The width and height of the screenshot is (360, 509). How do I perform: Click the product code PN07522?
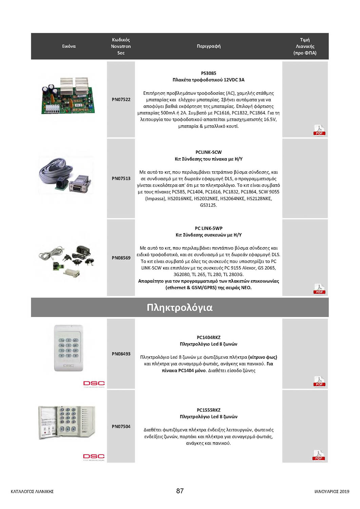(121, 99)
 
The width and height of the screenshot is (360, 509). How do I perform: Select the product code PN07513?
(121, 178)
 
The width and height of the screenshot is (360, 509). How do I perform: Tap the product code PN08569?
(121, 258)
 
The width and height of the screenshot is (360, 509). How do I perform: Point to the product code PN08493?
(121, 354)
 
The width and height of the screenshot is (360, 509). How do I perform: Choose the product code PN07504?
(121, 427)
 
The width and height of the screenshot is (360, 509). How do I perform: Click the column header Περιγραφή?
(209, 46)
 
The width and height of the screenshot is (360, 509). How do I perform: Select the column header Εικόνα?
(69, 46)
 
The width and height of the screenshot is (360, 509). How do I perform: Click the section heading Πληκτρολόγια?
(179, 307)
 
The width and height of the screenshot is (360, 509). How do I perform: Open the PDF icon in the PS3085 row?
(319, 130)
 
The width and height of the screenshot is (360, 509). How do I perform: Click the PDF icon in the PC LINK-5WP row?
(319, 289)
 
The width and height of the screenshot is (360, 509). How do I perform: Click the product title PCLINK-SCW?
(208, 152)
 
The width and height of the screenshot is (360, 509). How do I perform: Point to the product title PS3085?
(208, 73)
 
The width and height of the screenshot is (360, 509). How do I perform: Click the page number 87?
(180, 491)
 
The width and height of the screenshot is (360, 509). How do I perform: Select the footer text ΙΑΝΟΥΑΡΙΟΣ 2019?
(331, 491)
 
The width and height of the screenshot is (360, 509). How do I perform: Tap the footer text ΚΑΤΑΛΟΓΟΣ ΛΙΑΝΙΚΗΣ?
(32, 491)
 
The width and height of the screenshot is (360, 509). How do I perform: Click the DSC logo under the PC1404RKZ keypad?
(94, 383)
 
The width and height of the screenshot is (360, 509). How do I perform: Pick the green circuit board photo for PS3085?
(69, 96)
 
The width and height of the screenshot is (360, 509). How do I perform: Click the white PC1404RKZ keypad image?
(69, 348)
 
